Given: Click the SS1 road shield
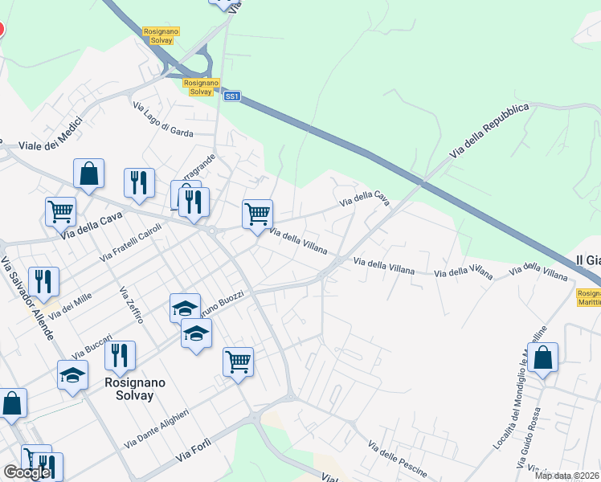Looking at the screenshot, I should click(x=232, y=96).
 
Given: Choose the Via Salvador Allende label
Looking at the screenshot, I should click(x=27, y=297).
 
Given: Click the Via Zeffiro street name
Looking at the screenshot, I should click(x=130, y=305).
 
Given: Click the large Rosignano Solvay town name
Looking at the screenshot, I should click(x=135, y=390).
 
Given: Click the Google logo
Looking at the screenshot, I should click(x=27, y=472).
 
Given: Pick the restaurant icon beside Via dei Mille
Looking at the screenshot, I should click(x=43, y=281).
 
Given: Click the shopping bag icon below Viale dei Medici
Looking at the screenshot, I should click(x=88, y=173).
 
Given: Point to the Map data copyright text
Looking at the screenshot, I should click(x=566, y=476).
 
